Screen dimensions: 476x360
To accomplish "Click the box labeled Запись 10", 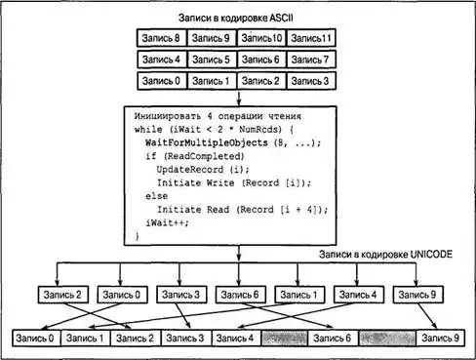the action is click(261, 38).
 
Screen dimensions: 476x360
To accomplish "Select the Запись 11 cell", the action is click(311, 38).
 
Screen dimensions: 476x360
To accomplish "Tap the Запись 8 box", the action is click(162, 38).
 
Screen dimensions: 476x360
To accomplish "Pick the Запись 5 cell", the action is click(212, 60).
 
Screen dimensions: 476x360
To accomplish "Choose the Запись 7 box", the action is click(311, 60).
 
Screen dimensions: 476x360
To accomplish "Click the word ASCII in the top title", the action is click(281, 18).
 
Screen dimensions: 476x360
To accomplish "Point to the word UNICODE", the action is click(431, 254).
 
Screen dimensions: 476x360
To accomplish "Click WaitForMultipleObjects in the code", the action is click(207, 142).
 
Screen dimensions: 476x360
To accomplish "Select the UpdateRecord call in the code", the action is click(190, 170).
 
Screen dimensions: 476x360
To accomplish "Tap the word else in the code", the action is click(156, 196).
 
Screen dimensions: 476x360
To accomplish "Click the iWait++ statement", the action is click(167, 222).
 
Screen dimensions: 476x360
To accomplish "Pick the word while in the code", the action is click(148, 130).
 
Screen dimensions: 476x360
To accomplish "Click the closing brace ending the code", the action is click(138, 236).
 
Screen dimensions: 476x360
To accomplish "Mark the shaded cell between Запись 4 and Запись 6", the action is click(284, 339).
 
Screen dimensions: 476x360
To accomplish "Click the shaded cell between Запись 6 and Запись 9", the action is click(387, 339).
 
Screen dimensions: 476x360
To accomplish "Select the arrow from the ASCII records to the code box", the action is click(239, 99).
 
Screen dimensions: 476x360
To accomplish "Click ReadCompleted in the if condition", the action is click(204, 156).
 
